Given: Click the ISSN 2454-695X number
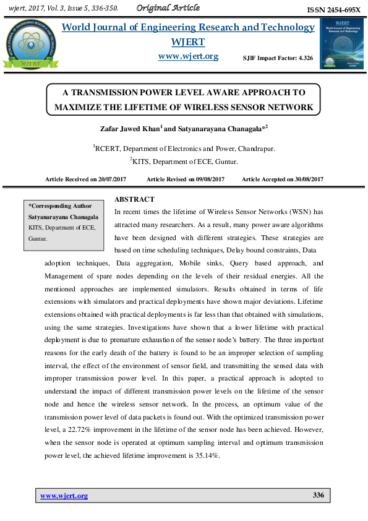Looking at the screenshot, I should click(333, 11).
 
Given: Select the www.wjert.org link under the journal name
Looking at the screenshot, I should click(188, 56).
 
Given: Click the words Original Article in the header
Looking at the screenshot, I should click(168, 8).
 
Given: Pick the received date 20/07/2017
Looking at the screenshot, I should click(112, 179).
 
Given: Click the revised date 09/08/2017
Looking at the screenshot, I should click(207, 179).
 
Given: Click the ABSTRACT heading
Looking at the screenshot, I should click(134, 199).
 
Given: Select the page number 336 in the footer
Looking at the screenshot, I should click(319, 496).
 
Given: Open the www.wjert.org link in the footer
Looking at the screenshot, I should click(64, 496).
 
